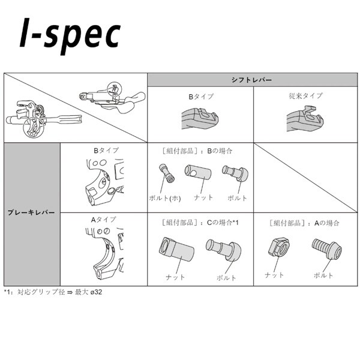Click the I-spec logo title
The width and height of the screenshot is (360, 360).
[70, 35]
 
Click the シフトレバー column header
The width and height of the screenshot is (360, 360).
[251, 80]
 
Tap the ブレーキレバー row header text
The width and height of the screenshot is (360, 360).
[31, 212]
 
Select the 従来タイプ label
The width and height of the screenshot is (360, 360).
[305, 96]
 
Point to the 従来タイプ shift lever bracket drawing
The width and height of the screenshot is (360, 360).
[305, 119]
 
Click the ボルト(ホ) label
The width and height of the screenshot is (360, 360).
[165, 198]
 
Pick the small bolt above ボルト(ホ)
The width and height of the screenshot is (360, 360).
[166, 173]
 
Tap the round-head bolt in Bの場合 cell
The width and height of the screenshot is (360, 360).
[235, 173]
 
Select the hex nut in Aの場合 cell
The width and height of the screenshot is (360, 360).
[279, 247]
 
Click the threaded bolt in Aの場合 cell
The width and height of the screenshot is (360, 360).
[327, 249]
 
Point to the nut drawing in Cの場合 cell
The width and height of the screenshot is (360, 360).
[176, 249]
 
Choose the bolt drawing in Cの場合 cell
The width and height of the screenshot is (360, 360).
[224, 250]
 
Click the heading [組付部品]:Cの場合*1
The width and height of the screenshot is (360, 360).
[200, 223]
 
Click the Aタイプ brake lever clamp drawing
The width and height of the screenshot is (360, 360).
[104, 253]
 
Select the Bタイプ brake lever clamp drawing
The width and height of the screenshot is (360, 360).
[105, 182]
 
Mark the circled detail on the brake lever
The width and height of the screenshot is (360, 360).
[34, 128]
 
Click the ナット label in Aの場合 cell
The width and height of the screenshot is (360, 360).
[274, 275]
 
